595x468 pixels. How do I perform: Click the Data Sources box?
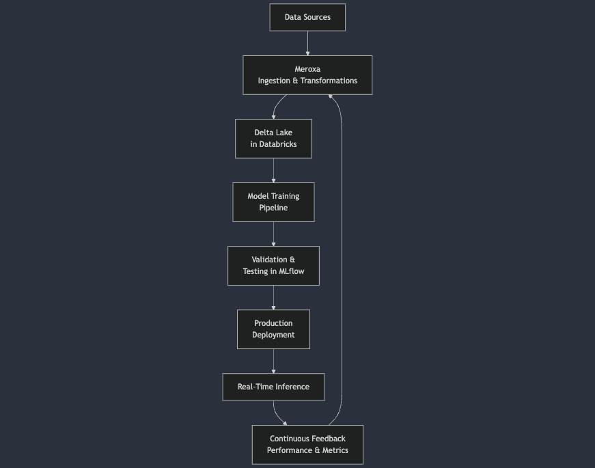coord(307,17)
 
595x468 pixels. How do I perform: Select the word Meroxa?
coord(307,69)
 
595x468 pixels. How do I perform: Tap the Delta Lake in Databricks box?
coord(273,139)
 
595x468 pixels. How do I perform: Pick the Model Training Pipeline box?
coord(273,202)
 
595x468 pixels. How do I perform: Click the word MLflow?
coord(292,271)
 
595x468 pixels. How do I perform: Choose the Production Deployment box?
coord(273,329)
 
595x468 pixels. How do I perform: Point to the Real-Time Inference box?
coord(273,387)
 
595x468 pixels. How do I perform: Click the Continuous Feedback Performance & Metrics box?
coord(307,445)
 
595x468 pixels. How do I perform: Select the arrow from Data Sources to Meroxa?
coord(307,43)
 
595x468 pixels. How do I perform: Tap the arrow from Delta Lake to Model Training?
coord(273,170)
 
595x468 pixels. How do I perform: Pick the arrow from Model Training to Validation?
coord(273,234)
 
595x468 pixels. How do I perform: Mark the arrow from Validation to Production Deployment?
coord(273,297)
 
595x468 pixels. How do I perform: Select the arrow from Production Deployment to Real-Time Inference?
coord(273,361)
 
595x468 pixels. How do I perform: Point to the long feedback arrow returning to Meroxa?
coord(342,260)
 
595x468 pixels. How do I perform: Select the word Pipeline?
coord(273,208)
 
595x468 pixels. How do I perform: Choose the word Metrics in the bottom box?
coord(335,450)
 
